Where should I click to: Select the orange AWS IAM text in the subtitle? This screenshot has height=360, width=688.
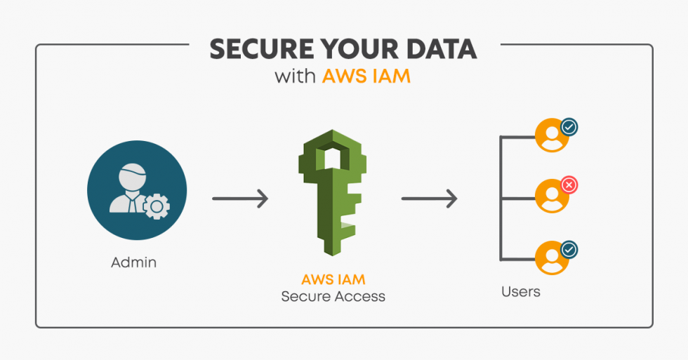click(x=366, y=76)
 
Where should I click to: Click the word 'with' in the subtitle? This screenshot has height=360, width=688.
click(x=296, y=76)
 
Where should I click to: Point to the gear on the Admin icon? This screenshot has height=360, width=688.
click(x=157, y=206)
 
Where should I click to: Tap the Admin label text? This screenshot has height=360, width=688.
click(x=133, y=263)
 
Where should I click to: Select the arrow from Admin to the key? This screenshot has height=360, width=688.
click(x=240, y=199)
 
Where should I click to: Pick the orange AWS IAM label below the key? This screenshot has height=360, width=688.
click(x=333, y=279)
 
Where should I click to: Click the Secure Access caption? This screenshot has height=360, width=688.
click(x=333, y=296)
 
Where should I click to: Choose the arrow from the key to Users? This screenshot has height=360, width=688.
click(x=429, y=199)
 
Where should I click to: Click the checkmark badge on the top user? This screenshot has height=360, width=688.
click(x=569, y=128)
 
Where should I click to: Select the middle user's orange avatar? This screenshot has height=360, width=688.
click(x=552, y=196)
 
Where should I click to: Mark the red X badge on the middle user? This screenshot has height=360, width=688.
click(x=569, y=186)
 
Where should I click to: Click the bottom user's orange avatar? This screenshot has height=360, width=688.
click(x=552, y=258)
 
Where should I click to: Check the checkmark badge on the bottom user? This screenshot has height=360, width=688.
click(x=569, y=249)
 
